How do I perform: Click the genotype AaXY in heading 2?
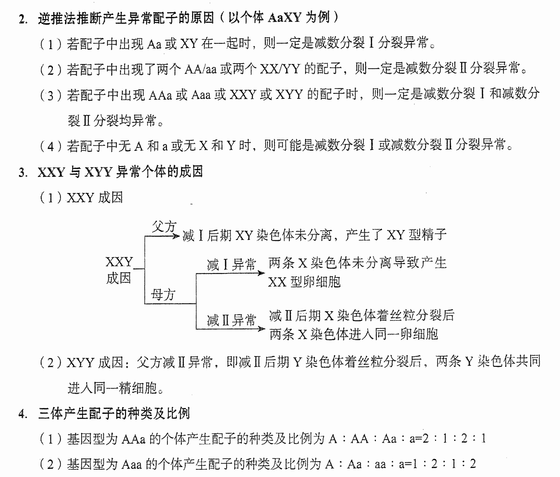[x=284, y=19]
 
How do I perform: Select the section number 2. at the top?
[x=23, y=19]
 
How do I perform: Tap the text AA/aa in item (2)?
[x=200, y=69]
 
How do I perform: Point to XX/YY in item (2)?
[x=280, y=69]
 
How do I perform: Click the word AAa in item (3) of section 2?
[x=160, y=95]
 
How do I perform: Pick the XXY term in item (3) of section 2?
[x=243, y=95]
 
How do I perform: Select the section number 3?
[x=23, y=173]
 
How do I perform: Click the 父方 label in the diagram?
[x=164, y=226]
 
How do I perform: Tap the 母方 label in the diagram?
[x=163, y=295]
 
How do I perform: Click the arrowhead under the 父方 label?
[x=176, y=236]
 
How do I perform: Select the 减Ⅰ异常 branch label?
[x=231, y=264]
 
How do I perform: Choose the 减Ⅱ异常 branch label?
[x=231, y=320]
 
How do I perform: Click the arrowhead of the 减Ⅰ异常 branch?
[x=261, y=273]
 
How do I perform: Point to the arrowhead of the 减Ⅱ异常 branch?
[x=261, y=329]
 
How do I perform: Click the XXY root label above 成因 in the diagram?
[x=119, y=262]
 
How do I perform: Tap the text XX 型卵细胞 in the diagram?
[x=304, y=282]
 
